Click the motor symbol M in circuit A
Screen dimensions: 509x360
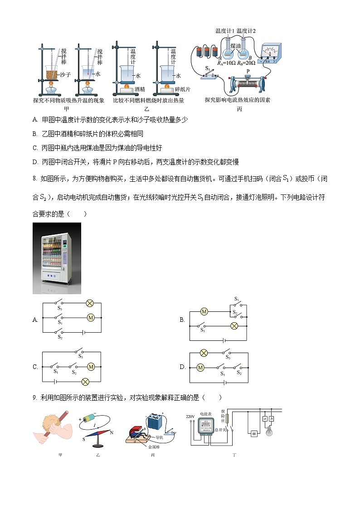coord(90,318)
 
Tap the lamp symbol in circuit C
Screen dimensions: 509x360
coord(84,381)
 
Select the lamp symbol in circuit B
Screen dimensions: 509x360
coord(234,326)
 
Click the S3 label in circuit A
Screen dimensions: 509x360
coord(59,308)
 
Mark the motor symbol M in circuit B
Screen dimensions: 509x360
coord(204,311)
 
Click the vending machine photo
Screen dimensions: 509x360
coord(57,258)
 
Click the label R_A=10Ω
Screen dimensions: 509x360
coord(226,63)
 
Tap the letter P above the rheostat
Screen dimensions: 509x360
coord(248,71)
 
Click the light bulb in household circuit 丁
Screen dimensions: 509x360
coord(270,431)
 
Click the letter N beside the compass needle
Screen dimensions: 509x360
coord(112,432)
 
